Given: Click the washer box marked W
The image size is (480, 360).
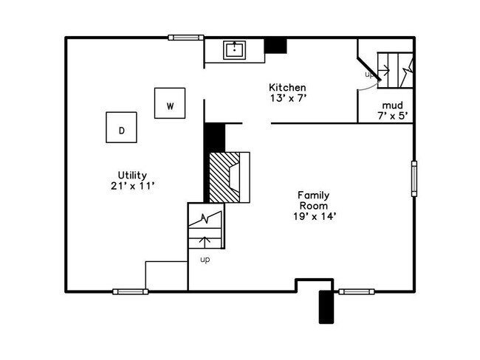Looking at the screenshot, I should [x=170, y=103].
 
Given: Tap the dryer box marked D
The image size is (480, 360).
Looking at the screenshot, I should [x=122, y=128].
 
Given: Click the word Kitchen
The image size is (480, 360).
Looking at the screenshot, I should [x=287, y=87].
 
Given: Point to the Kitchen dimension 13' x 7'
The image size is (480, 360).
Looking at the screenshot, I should [x=287, y=99].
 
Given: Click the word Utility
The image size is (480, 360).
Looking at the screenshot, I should [x=132, y=175].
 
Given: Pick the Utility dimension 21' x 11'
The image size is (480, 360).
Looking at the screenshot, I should [x=131, y=186].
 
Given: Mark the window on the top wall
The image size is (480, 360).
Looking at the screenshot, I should [x=186, y=37].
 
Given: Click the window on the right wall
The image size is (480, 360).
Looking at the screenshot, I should [x=414, y=178].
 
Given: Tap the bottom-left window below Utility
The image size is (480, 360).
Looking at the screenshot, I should [x=131, y=291].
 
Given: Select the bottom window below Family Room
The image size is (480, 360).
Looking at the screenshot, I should [x=357, y=291].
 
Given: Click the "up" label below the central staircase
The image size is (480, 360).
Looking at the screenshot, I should [x=205, y=259].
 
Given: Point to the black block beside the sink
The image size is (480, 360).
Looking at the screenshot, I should [x=275, y=45].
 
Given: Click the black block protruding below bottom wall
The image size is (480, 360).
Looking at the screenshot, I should [x=326, y=307].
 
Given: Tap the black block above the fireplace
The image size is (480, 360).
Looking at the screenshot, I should [x=214, y=137].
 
